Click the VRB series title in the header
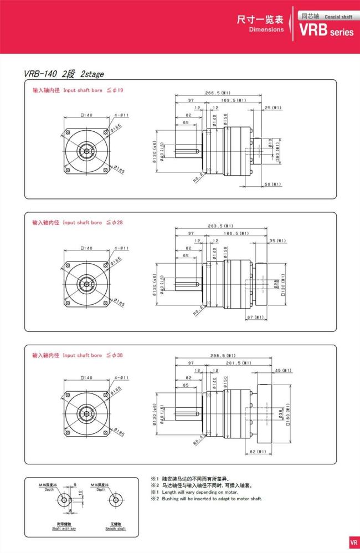tap(326, 31)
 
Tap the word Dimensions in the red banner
tap(266, 29)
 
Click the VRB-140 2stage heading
tap(64, 74)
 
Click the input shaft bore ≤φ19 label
tap(78, 90)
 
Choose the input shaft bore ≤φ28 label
tap(78, 223)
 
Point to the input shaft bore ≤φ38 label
tap(78, 355)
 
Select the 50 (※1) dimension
tap(272, 184)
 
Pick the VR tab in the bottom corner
tap(353, 542)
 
